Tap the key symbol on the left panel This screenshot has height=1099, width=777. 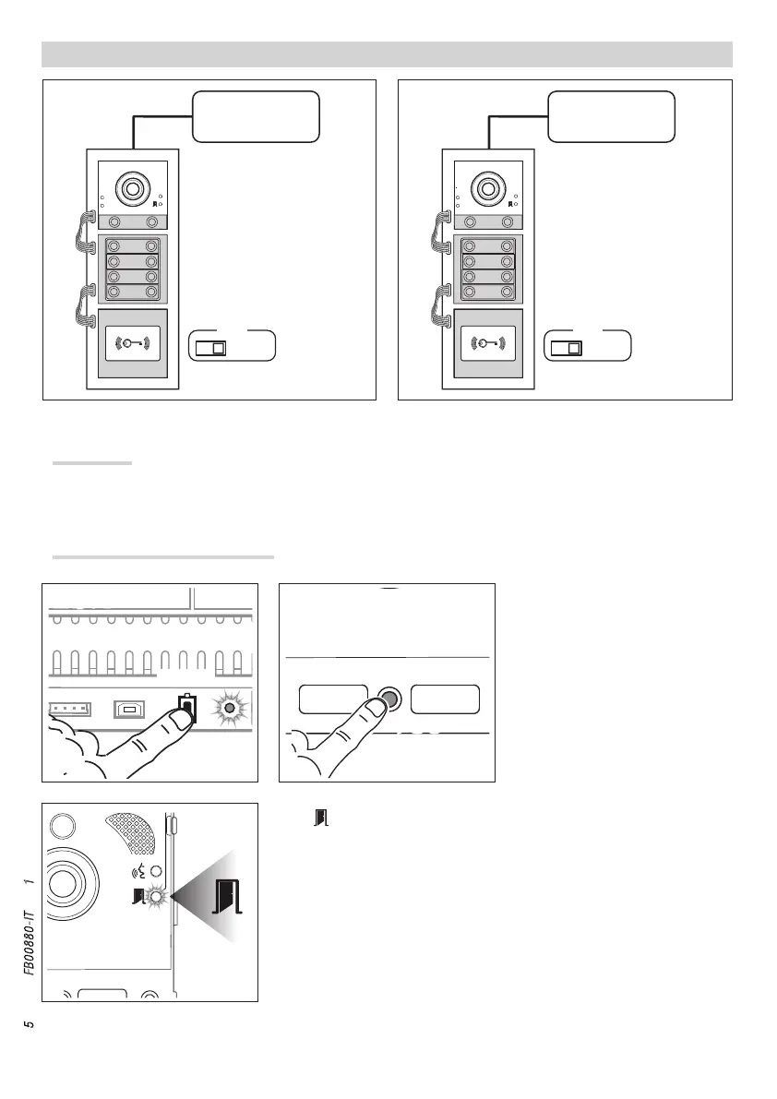pyautogui.click(x=133, y=343)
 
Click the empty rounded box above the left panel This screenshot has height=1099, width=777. pyautogui.click(x=256, y=116)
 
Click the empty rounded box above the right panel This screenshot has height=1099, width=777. pyautogui.click(x=611, y=116)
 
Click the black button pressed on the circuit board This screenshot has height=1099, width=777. pyautogui.click(x=186, y=708)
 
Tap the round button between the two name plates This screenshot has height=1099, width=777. pyautogui.click(x=388, y=699)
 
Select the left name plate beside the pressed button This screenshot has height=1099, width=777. pyautogui.click(x=334, y=699)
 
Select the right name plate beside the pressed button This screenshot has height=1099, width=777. pyautogui.click(x=445, y=699)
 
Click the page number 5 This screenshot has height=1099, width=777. pyautogui.click(x=30, y=1024)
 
